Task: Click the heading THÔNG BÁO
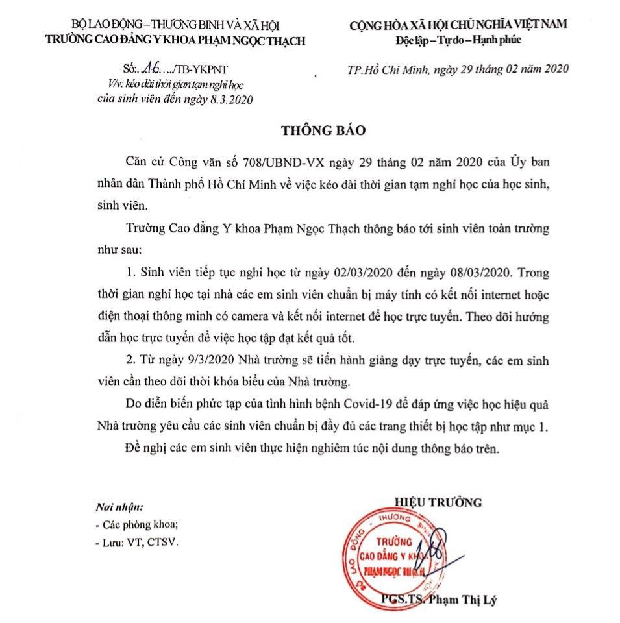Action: click(x=323, y=129)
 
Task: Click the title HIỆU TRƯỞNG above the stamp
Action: click(x=437, y=501)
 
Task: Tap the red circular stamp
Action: click(x=385, y=556)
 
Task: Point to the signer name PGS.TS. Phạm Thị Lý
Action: click(x=439, y=598)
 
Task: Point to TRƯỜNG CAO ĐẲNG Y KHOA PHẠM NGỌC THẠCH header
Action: click(x=174, y=40)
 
